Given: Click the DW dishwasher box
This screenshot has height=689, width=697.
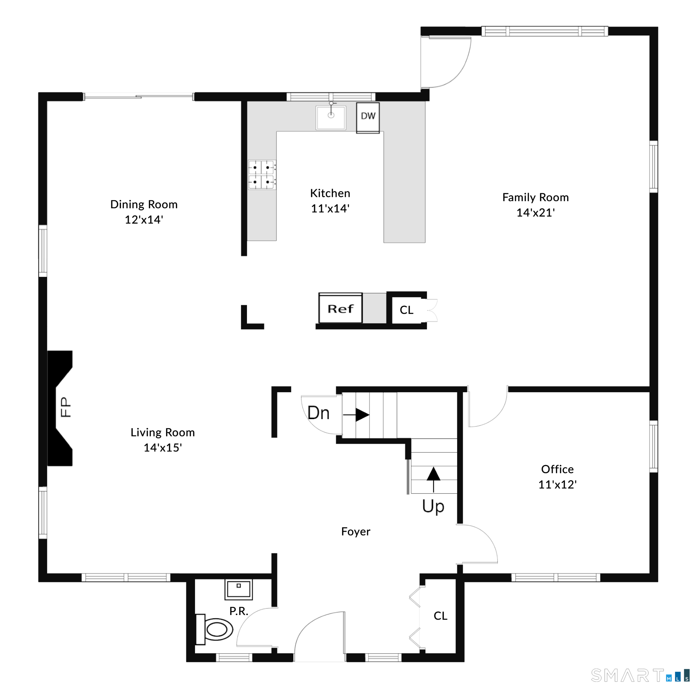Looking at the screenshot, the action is (368, 118).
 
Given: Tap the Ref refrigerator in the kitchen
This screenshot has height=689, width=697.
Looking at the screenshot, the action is (340, 308).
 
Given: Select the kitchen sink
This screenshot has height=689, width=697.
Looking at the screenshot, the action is (331, 117).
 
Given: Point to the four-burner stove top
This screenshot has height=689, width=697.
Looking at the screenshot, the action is (262, 175).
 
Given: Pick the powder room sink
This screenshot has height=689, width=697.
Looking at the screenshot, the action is (238, 589).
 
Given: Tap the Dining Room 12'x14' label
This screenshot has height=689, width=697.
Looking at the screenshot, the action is (144, 212).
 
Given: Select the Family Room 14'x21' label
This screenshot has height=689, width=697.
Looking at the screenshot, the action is (535, 205).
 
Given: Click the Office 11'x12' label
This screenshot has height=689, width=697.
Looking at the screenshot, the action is (557, 477).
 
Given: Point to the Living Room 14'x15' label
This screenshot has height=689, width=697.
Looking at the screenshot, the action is (163, 440).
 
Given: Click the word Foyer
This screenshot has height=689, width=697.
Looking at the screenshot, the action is (356, 531).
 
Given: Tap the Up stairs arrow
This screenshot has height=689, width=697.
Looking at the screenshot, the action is (433, 479).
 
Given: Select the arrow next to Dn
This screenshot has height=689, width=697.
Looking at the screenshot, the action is (356, 415).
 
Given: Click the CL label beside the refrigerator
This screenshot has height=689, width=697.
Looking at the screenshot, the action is (407, 310).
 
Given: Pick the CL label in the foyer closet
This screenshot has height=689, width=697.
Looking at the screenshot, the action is (441, 616).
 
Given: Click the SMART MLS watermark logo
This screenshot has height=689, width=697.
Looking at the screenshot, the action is (640, 675).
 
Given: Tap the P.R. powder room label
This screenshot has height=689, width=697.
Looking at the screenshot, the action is (239, 611).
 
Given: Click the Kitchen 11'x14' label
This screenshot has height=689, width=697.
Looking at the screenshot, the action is (330, 200).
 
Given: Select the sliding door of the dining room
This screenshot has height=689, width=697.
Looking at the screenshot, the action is (139, 96).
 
